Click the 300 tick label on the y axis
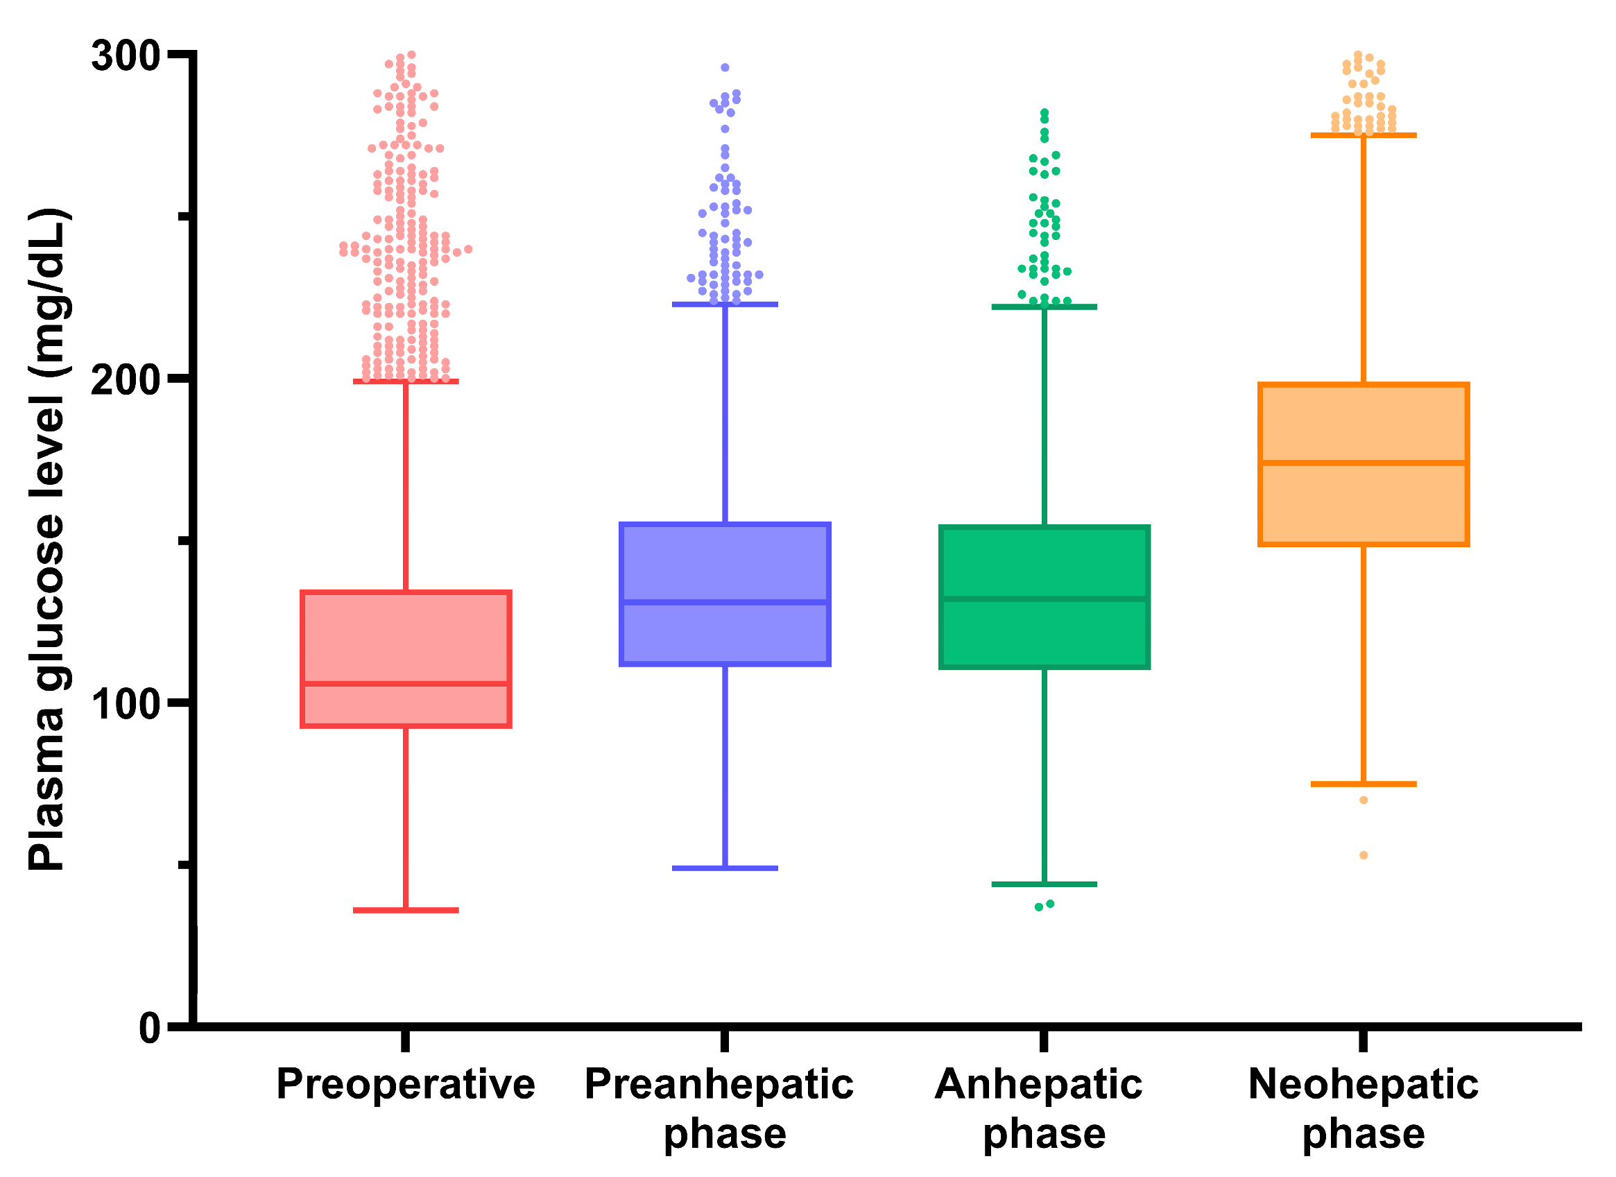point(125,55)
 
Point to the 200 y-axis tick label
point(125,380)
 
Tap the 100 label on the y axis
point(125,704)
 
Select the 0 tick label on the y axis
point(150,1028)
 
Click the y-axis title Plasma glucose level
point(47,540)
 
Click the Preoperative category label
point(406,1085)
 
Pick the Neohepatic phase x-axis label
point(1363,1108)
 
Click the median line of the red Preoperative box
point(406,685)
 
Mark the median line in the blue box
point(725,603)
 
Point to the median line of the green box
point(1044,599)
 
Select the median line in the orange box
point(1363,463)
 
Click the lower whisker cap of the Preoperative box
point(406,911)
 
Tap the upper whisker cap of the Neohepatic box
point(1363,135)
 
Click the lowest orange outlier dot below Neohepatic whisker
point(1363,856)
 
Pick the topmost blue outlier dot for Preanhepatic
point(725,68)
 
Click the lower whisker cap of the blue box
point(725,868)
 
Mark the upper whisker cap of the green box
point(1044,307)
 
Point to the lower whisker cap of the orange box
point(1363,784)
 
